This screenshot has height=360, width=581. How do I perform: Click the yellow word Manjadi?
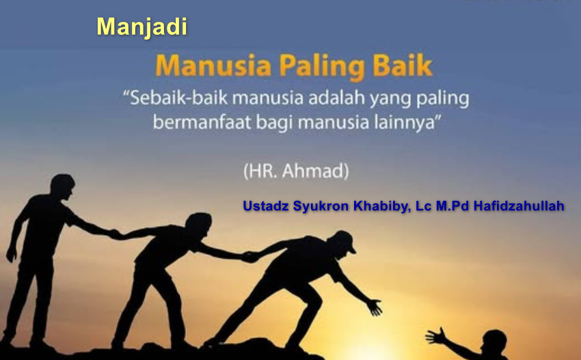(x=142, y=27)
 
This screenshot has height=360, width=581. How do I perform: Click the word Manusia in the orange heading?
(x=213, y=66)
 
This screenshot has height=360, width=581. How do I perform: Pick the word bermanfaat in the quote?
(x=202, y=122)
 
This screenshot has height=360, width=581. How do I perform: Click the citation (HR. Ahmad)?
(x=296, y=171)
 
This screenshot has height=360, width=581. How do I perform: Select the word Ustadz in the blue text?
(x=266, y=206)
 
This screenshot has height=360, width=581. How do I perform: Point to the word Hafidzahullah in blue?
(x=519, y=206)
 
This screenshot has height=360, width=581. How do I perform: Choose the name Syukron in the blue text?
(x=321, y=206)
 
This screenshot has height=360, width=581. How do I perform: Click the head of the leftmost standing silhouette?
(x=62, y=186)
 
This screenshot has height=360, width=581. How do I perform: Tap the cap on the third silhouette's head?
(x=343, y=240)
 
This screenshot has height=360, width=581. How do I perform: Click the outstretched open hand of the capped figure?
(x=375, y=307)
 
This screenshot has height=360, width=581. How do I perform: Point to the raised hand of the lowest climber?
(x=435, y=336)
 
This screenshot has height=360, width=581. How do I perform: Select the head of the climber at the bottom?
(x=495, y=343)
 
